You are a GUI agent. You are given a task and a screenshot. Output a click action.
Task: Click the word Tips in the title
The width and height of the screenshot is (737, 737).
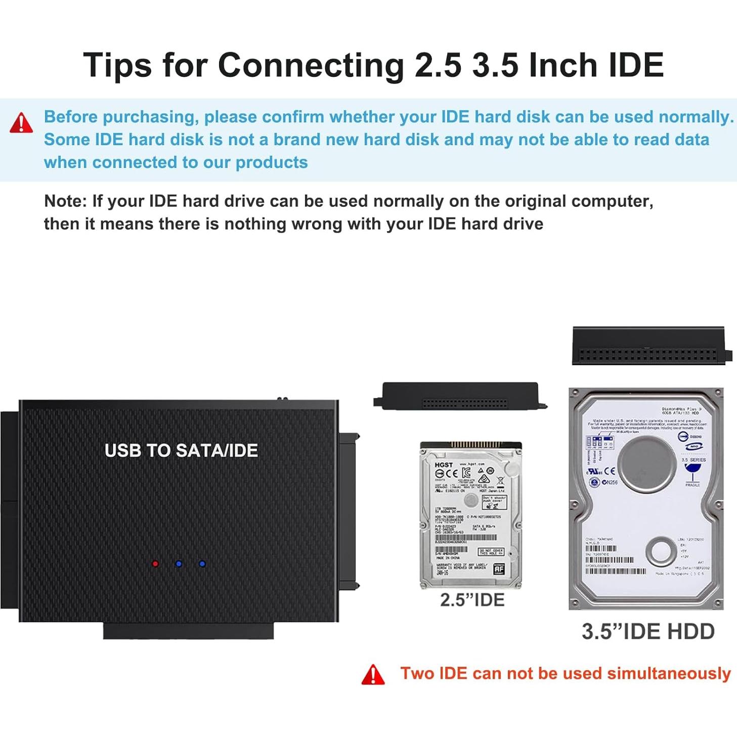117,65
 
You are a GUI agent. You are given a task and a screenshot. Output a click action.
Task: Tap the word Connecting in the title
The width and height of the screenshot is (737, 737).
311,65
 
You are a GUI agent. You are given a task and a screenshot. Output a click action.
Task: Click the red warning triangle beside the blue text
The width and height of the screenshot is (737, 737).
21,123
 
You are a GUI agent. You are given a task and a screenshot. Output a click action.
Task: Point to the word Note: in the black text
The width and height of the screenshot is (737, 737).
66,201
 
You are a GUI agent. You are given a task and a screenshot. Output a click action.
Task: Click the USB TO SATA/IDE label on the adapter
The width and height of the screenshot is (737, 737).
181,450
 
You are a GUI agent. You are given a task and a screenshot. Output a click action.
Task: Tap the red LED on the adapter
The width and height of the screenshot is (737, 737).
155,563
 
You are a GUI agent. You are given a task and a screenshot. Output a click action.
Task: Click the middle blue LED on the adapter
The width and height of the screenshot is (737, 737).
179,563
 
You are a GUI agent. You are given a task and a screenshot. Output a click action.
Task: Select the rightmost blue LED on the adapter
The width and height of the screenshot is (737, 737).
202,563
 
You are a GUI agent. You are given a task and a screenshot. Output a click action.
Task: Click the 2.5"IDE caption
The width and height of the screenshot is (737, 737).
472,600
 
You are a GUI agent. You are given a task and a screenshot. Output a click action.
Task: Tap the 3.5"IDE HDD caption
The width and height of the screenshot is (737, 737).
648,631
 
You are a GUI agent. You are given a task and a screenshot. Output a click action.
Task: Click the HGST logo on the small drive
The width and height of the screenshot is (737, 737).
444,464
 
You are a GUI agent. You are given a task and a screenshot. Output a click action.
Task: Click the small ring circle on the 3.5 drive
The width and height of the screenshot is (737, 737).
661,551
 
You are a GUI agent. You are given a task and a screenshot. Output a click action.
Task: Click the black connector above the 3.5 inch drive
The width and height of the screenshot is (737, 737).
648,346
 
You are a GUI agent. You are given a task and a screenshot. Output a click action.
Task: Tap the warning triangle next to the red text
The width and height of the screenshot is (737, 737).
373,675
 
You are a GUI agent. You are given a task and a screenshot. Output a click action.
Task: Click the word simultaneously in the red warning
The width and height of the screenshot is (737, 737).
669,674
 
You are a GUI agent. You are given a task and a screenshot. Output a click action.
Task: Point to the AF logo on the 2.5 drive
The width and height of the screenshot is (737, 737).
499,569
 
